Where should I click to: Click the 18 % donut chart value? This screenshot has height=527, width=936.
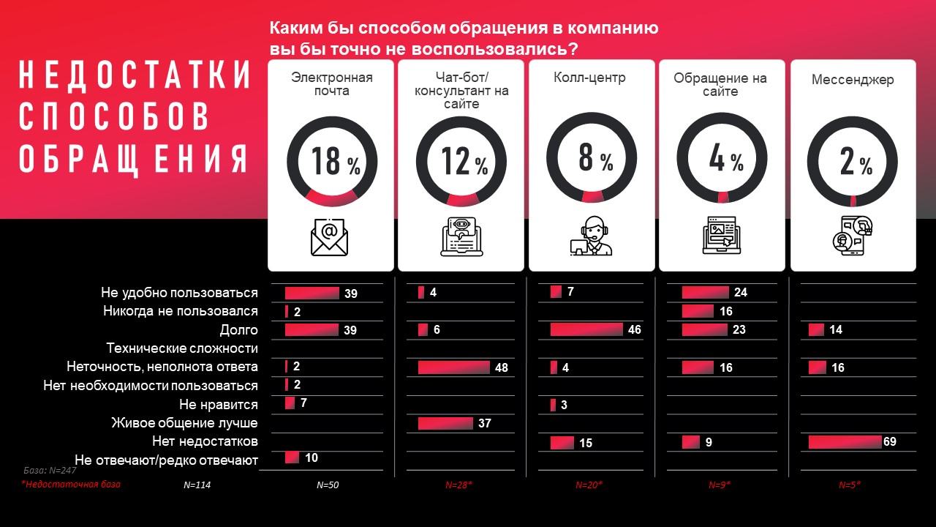tap(335, 161)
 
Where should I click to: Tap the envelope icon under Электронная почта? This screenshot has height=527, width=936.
tap(329, 236)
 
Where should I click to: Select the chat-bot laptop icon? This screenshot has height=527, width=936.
tap(461, 236)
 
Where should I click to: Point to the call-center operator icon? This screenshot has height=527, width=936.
tap(592, 236)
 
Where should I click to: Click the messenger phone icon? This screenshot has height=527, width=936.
tap(853, 236)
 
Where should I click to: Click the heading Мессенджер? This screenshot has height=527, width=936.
tap(853, 80)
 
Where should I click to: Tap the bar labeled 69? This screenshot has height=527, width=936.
tap(845, 442)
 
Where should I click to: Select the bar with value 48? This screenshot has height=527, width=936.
tap(454, 367)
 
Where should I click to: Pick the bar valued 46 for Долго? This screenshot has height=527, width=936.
tap(586, 329)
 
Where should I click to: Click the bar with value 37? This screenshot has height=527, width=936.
tap(445, 423)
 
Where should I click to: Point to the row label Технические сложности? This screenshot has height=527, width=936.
tap(182, 348)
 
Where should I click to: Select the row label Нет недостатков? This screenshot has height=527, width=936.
tap(205, 441)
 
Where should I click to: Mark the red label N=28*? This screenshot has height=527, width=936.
tap(460, 485)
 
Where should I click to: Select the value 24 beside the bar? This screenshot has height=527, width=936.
tap(741, 292)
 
